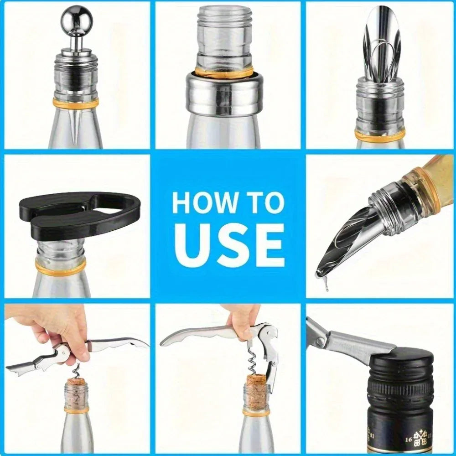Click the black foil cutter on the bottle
click(80, 215)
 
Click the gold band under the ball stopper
click(75, 103)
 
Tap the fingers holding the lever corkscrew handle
click(243, 317)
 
